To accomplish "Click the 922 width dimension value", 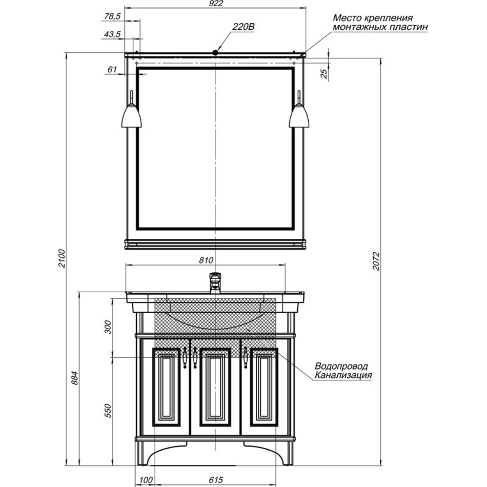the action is (216, 3).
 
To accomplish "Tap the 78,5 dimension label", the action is (112, 16).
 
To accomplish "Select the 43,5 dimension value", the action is (112, 34).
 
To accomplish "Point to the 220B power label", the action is (243, 27).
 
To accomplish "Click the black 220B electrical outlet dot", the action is (215, 53).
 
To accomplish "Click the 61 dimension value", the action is (112, 70).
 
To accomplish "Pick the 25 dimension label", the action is (323, 74).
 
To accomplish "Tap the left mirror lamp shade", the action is (131, 116).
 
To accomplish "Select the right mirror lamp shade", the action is (299, 116).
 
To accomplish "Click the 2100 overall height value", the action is (62, 258).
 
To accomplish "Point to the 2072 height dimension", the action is (376, 261).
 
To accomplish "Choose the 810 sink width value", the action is (206, 260).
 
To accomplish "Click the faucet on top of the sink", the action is (215, 283).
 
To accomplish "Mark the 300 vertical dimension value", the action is (108, 327).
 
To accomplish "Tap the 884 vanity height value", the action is (74, 378).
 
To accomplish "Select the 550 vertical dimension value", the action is (108, 411).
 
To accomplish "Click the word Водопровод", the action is (341, 366).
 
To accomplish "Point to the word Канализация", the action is (343, 375).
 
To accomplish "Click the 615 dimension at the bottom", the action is (215, 480).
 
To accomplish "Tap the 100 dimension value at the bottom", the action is (146, 480).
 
